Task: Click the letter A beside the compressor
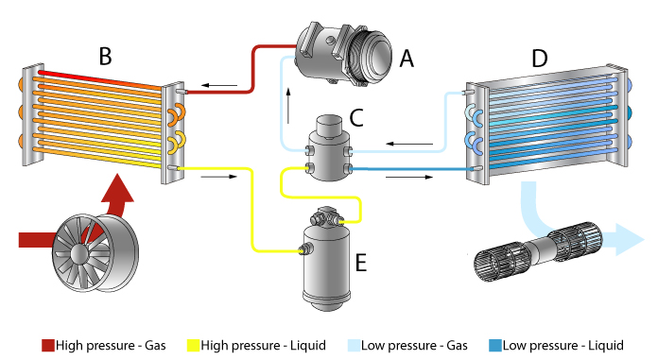point(407,60)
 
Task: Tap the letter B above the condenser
point(106,57)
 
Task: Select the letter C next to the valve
point(356,118)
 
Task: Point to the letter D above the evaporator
point(539,59)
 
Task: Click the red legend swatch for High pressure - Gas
point(48,346)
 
